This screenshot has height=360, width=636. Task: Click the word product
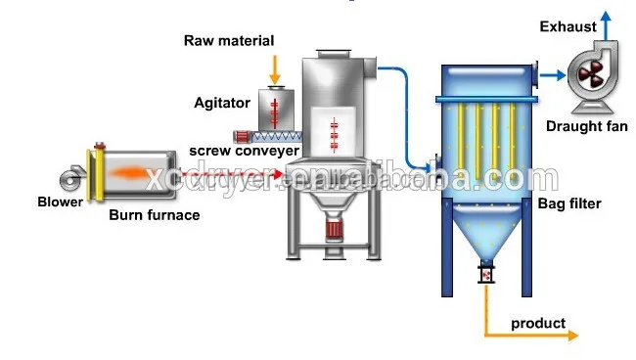coord(538,323)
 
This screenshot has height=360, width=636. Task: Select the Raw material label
coord(229,40)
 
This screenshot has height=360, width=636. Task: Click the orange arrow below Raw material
coord(275,68)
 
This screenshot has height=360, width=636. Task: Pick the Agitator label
coord(222,101)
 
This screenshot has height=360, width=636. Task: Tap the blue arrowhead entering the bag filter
coord(431,163)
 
